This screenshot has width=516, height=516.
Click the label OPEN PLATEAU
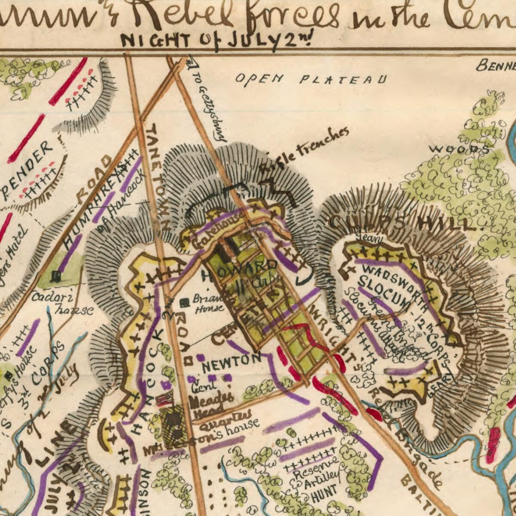coord(310,79)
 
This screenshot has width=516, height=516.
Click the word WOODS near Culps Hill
coord(459,149)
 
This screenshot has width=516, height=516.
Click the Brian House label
coord(209,303)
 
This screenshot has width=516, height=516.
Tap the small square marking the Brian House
coord(184,303)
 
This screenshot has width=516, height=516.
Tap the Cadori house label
coord(60,303)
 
